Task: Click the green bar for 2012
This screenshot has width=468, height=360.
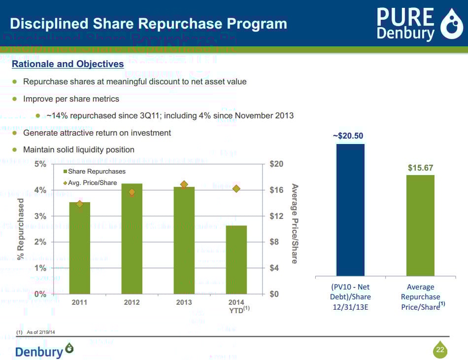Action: click(x=132, y=239)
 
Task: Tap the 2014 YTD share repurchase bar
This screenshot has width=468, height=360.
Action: click(x=236, y=259)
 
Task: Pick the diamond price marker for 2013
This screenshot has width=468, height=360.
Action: click(x=184, y=185)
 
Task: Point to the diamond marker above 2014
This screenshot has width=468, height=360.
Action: click(x=236, y=189)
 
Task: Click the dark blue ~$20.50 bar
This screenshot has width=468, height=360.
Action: click(x=350, y=210)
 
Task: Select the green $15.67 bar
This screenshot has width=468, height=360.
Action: click(x=420, y=225)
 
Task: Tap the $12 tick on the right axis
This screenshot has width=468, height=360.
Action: click(x=277, y=216)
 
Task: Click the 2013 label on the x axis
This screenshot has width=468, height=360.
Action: click(x=184, y=302)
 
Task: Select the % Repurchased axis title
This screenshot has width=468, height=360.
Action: click(x=21, y=229)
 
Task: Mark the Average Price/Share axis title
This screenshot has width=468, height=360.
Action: click(x=295, y=223)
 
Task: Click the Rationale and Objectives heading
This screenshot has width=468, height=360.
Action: click(x=67, y=64)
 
